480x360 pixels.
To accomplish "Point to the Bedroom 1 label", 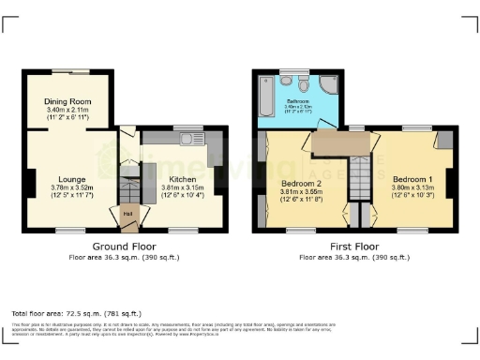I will tap(412, 178).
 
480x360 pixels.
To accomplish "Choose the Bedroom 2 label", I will tap(302, 182).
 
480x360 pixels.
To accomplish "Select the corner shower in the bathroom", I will tap(331, 85).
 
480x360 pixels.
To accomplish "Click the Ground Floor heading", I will tap(124, 247).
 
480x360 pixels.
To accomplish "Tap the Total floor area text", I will tap(76, 312).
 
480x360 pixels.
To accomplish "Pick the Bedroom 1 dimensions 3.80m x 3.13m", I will tap(412, 187).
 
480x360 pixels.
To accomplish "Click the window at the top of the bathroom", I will tap(292, 71).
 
